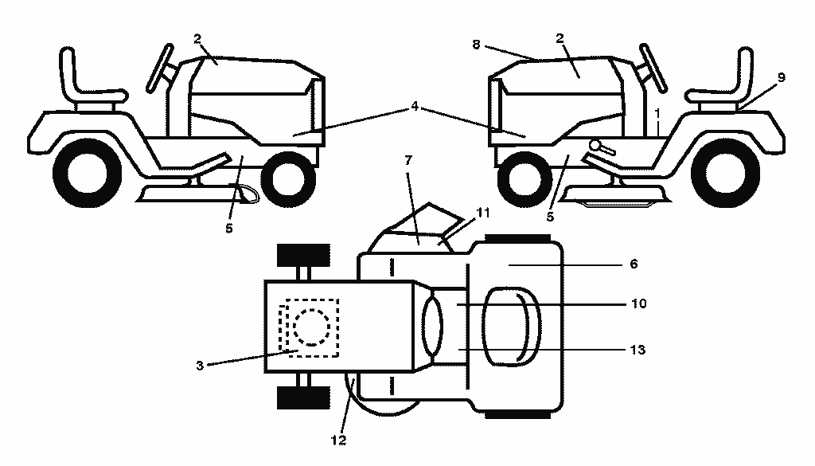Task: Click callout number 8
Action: coord(476,45)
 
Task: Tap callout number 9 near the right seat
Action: coord(782,77)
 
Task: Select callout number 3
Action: coord(200,366)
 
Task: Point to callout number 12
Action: coord(338,440)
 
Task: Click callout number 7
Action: coord(408,160)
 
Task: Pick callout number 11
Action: coord(483,213)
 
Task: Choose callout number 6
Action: coord(634,264)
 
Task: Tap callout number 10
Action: coord(639,303)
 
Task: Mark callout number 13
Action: coord(638,350)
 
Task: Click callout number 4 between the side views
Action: coord(414,107)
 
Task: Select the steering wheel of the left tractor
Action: coord(159,68)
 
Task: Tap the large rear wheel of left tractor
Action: coord(88,173)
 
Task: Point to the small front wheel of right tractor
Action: coord(524,179)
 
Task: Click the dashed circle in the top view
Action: coord(311,327)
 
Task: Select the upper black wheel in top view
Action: coord(303,255)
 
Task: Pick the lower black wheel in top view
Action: coord(303,397)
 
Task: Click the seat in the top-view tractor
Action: coord(512,327)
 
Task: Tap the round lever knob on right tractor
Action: coord(595,145)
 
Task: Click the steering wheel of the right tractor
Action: coord(653,68)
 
